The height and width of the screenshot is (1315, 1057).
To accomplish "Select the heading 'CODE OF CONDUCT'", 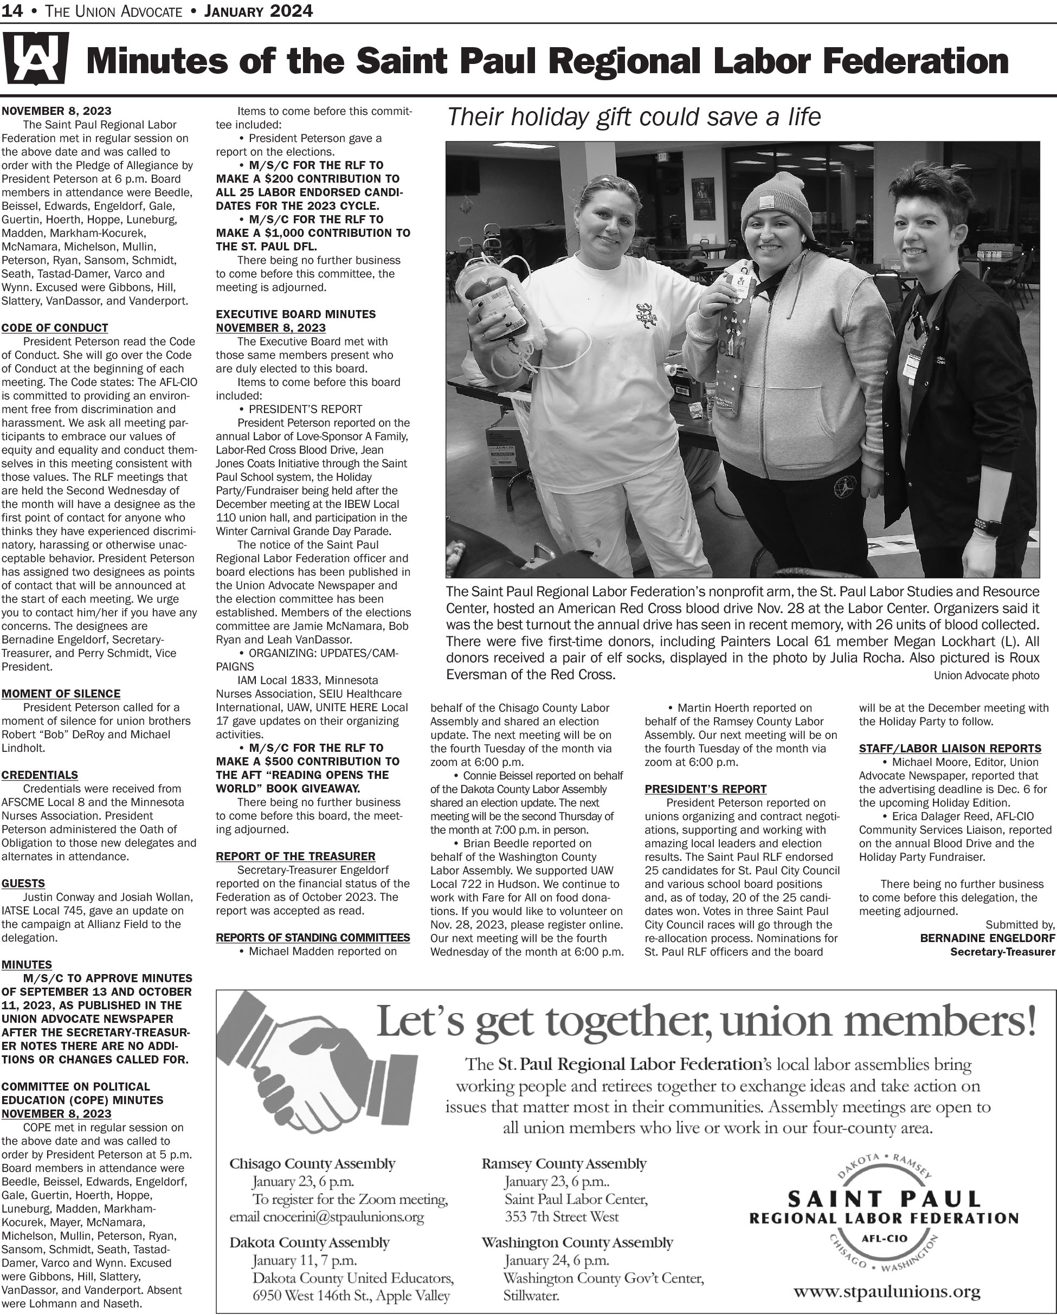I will pos(55,327).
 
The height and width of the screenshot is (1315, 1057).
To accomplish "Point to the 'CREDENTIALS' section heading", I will pos(40,775).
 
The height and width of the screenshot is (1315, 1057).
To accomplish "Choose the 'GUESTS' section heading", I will pos(23,883).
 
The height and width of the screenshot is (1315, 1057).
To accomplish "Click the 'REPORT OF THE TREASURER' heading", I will pos(296,856).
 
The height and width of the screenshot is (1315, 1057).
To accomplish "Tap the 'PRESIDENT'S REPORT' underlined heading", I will pos(706,789).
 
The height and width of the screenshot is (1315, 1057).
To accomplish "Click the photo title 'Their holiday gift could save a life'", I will pos(634,117).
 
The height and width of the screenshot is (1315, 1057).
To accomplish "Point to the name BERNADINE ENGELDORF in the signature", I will pos(988,937).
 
